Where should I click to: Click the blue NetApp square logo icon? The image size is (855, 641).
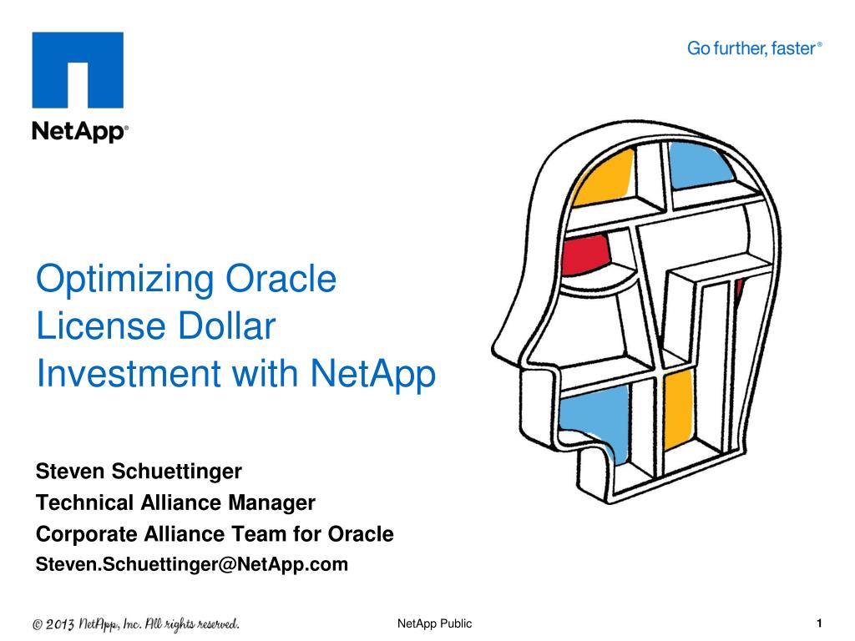point(78,70)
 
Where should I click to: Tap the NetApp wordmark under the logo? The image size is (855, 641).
point(80,131)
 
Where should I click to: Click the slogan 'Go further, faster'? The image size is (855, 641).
point(754,48)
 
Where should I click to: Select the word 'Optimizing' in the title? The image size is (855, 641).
point(125,280)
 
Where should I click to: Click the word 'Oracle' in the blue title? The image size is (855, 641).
point(281,279)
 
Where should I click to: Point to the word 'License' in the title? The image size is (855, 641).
point(101,326)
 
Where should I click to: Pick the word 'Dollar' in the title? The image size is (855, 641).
point(227,326)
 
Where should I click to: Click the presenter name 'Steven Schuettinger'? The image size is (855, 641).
point(139,472)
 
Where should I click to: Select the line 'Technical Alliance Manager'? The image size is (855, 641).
point(175,502)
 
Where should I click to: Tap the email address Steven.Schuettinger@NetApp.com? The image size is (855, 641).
point(192,564)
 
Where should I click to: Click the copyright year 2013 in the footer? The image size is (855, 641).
point(60,624)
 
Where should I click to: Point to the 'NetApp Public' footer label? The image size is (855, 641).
point(434,623)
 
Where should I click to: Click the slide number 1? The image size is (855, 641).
point(819,623)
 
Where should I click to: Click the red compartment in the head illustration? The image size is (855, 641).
point(585,254)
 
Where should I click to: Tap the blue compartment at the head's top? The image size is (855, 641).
point(700,165)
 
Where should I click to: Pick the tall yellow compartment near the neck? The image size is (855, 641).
point(679,409)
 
